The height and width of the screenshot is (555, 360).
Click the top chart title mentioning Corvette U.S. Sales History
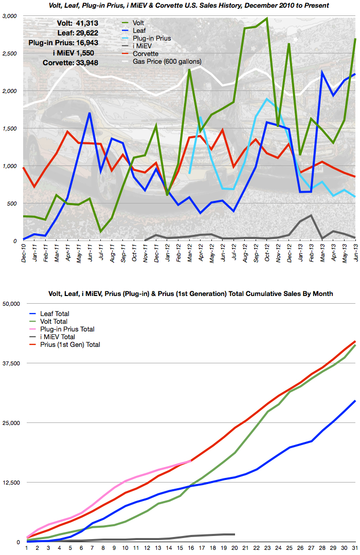[179, 5]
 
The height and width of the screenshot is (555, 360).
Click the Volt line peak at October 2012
[266, 18]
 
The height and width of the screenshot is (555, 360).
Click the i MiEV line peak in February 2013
[311, 215]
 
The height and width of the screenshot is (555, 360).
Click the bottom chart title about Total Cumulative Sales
[179, 293]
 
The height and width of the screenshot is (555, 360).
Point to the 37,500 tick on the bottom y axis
[10, 363]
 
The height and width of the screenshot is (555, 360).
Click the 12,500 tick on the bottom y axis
[10, 483]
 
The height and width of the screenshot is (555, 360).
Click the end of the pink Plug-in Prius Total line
[190, 461]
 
